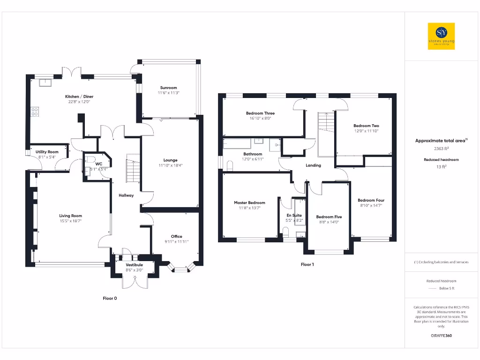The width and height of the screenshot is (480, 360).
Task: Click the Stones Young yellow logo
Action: coord(441,36)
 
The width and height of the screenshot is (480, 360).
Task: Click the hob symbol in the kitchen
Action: coord(35,112)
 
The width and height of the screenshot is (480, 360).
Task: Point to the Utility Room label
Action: coord(47,152)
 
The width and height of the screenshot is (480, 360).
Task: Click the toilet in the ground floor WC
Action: coord(91,159)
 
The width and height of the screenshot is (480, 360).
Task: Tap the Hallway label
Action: coord(126,195)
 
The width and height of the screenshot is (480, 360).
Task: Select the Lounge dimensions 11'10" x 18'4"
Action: coord(170,165)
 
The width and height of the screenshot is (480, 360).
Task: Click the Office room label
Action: coord(176,236)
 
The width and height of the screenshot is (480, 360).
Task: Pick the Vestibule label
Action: coord(134,265)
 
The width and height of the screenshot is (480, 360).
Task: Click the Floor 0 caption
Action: coord(110,298)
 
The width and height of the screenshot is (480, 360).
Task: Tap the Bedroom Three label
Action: coord(260,113)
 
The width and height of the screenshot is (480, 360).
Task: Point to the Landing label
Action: coord(313,165)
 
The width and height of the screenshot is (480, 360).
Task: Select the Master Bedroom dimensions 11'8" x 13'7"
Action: coord(249,208)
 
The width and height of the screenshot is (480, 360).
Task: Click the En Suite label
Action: coord(294,215)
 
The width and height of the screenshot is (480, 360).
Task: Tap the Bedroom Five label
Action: coord(329,217)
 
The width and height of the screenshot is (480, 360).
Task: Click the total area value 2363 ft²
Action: coord(441,149)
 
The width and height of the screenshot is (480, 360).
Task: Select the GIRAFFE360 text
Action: coord(441,336)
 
